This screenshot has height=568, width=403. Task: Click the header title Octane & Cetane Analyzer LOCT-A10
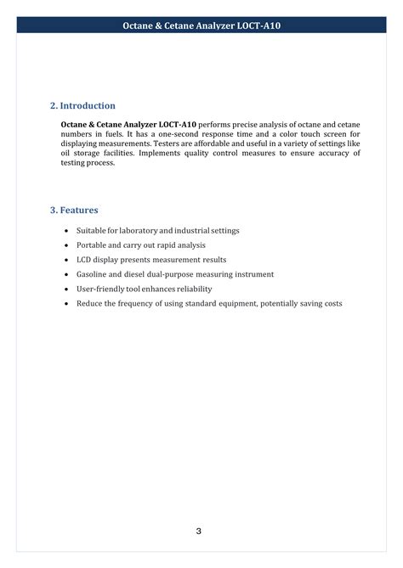click(201, 26)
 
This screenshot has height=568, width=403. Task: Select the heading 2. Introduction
click(82, 105)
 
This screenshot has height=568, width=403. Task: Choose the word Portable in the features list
click(92, 245)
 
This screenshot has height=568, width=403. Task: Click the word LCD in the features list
click(84, 260)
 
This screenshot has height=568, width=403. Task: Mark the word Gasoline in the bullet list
click(94, 274)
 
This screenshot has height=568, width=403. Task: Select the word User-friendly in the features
click(101, 289)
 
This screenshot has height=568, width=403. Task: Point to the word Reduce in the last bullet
click(90, 303)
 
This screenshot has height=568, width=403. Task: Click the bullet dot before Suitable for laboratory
click(66, 231)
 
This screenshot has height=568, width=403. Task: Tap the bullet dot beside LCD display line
click(66, 260)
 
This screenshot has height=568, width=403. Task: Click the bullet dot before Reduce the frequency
click(66, 303)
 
